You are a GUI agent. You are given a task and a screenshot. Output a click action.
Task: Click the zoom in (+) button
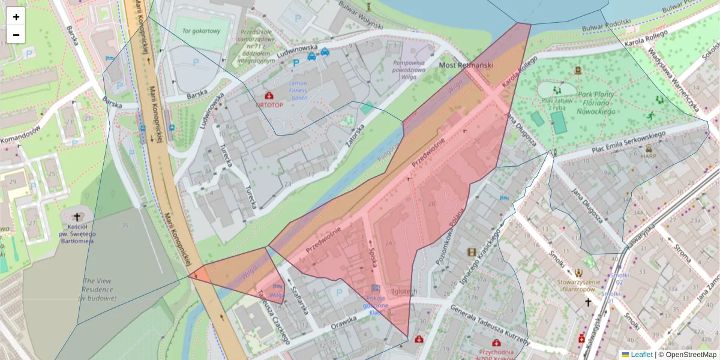click(x=16, y=17)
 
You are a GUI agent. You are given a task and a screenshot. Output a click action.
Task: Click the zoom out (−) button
click(x=16, y=35)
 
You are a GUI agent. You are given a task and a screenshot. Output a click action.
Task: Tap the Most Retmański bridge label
click(x=466, y=65)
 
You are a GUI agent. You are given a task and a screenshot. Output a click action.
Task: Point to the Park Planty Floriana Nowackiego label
click(x=596, y=103)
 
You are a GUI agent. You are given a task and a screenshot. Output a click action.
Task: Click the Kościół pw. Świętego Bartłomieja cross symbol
click(x=77, y=217)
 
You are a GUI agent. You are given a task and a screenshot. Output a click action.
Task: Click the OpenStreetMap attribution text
click(x=687, y=355)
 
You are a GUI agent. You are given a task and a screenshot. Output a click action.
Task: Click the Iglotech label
click(x=404, y=291)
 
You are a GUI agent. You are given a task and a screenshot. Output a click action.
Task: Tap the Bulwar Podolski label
click(x=606, y=25)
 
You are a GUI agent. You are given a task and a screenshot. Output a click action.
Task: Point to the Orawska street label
click(x=343, y=322)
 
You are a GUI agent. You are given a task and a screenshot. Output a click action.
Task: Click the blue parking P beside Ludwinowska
click(x=296, y=62)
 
